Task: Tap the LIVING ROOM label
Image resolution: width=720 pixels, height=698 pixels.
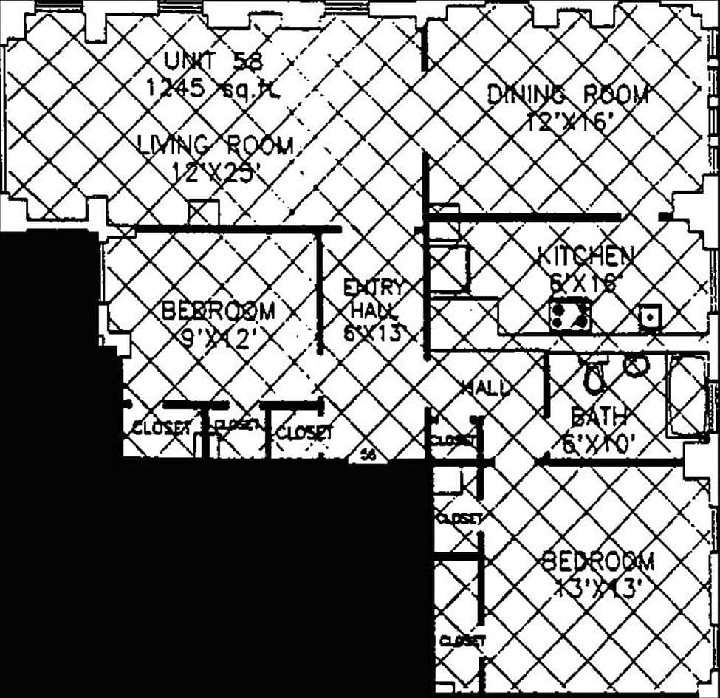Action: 216,146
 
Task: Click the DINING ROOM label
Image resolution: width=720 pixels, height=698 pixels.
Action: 568,95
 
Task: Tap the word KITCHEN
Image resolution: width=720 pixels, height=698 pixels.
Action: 585,256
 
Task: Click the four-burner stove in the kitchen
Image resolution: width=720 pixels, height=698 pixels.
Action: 569,315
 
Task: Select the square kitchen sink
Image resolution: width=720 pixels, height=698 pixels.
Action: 650,318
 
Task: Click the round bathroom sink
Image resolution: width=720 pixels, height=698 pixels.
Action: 636,363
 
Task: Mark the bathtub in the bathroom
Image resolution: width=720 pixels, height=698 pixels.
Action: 687,395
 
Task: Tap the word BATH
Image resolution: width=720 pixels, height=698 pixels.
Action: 599,418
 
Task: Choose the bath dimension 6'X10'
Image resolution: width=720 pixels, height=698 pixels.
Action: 600,444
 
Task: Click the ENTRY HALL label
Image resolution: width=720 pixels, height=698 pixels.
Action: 375,298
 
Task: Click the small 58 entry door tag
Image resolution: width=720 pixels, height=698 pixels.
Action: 369,456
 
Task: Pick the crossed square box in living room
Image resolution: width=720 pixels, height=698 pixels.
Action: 203,213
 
